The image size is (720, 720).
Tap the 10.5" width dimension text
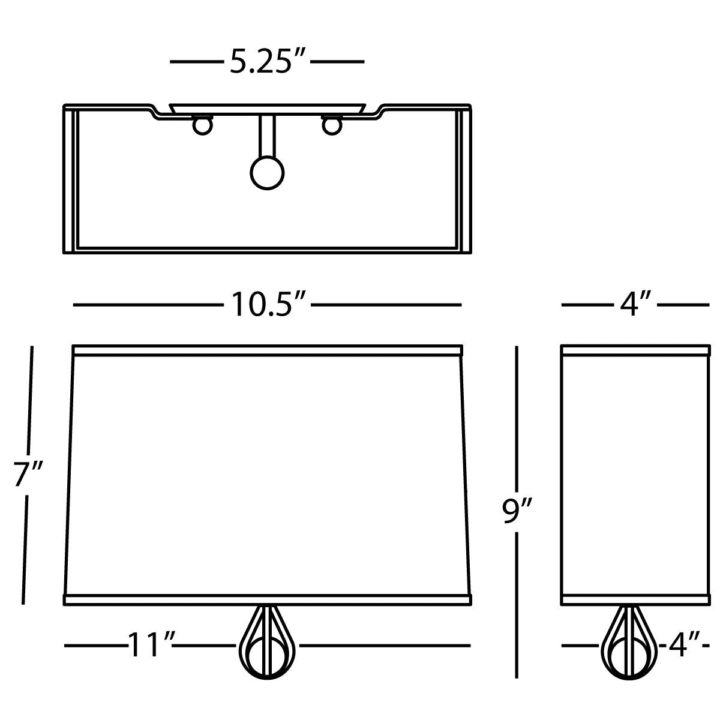pos(267,305)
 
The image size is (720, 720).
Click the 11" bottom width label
pos(150,645)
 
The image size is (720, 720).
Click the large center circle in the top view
pos(267,173)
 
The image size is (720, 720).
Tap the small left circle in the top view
pos(203,126)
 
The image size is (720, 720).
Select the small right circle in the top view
pos(331,126)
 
